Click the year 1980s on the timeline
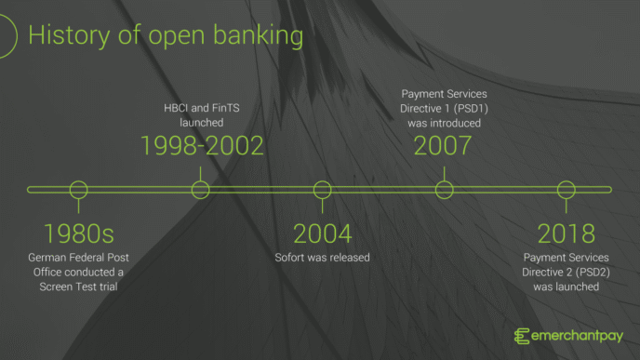pos(79,233)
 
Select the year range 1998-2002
pos(202,145)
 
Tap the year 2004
pos(322,233)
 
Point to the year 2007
pos(443,145)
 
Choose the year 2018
pos(566,233)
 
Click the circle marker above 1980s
pos(79,190)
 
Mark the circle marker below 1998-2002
pos(200,190)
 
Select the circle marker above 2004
pos(322,190)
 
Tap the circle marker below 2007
pos(444,190)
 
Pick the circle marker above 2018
pos(566,190)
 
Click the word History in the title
pos(63,36)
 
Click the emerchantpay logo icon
pos(523,336)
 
